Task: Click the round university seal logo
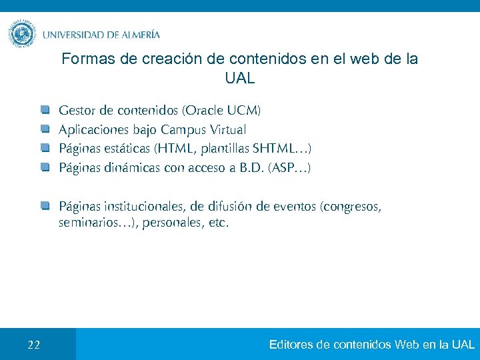point(22,33)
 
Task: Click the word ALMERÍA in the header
point(141,35)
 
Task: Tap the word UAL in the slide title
point(240,79)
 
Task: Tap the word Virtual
point(227,129)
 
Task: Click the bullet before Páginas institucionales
point(45,205)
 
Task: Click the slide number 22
point(34,345)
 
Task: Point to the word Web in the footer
point(407,345)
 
